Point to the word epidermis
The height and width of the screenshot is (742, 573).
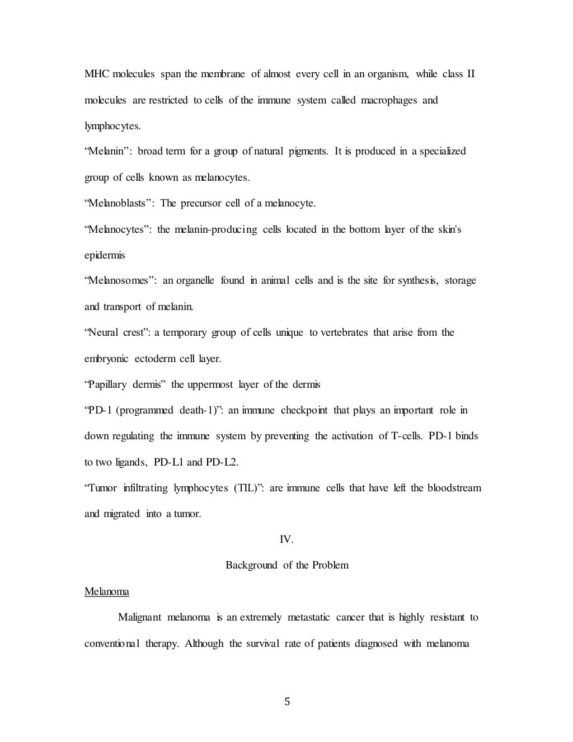pyautogui.click(x=105, y=255)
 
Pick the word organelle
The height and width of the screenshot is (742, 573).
pyautogui.click(x=195, y=280)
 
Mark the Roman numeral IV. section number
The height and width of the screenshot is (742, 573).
pyautogui.click(x=286, y=540)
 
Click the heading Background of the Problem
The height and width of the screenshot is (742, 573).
pyautogui.click(x=287, y=565)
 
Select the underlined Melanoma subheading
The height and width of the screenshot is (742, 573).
pyautogui.click(x=107, y=591)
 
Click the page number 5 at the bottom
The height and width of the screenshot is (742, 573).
pyautogui.click(x=287, y=702)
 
